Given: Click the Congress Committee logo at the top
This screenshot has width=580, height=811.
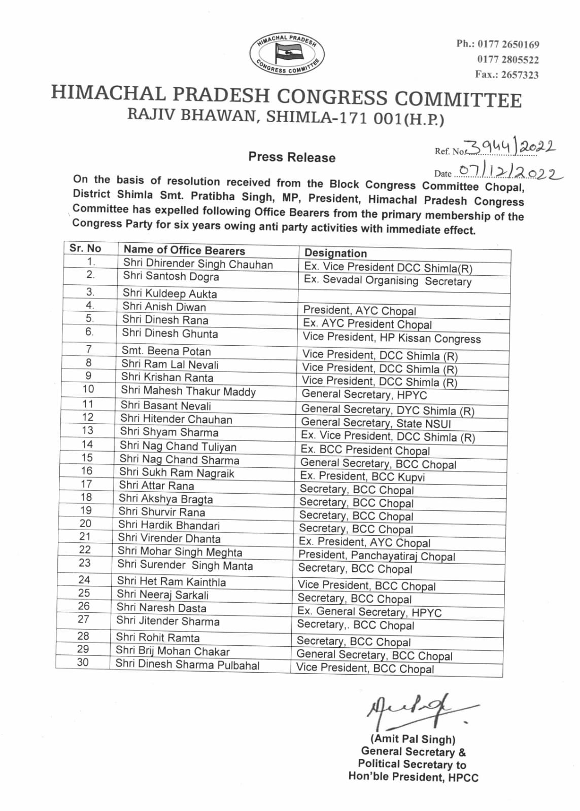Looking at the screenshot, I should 287,54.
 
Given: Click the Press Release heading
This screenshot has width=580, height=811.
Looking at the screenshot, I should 292,157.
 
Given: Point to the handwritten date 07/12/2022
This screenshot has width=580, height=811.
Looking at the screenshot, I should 510,172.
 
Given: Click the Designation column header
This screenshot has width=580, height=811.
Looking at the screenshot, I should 335,253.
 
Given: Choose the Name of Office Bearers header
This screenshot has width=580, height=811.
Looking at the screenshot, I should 184,250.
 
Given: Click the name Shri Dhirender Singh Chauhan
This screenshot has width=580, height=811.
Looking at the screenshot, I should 198,264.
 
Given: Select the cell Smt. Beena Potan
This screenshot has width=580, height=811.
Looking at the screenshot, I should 166,351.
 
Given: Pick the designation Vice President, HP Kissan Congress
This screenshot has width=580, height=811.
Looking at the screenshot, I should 391,338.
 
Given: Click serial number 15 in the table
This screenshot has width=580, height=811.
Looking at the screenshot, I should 87,458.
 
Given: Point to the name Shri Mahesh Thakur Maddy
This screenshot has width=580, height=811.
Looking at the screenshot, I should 188,391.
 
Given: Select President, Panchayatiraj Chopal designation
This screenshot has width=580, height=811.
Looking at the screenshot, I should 377,556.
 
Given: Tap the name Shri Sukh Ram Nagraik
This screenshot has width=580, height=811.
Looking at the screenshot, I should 177,473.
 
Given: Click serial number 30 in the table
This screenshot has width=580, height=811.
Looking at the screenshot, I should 83,662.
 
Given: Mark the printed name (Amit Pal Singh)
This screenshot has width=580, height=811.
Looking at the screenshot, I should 413,739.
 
